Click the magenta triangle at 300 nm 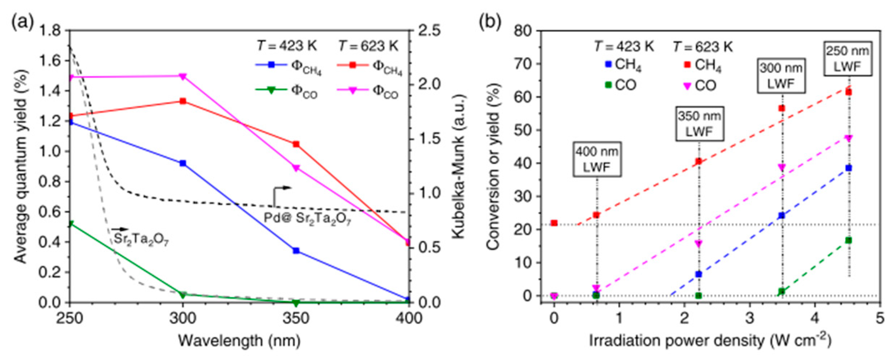click(183, 76)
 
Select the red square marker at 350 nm click(296, 144)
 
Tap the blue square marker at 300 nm click(183, 163)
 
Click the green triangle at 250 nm click(71, 224)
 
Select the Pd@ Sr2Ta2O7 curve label click(307, 218)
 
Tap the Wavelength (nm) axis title click(239, 340)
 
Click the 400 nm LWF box click(597, 159)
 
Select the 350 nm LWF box click(699, 124)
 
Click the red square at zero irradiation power click(554, 223)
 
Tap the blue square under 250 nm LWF click(849, 168)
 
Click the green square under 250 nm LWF click(849, 240)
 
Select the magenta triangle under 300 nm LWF click(782, 167)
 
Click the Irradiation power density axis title click(710, 340)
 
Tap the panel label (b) click(490, 22)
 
